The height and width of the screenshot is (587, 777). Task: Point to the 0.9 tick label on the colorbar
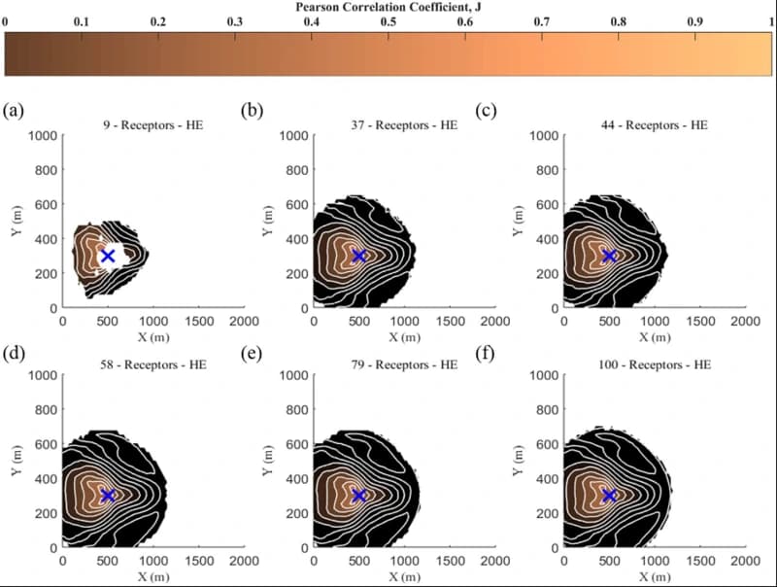[694, 21]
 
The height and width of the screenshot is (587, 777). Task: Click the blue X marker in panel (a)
[108, 256]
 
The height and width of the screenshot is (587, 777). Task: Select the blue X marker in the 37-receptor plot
[358, 256]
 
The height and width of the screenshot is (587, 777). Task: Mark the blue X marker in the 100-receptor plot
[609, 496]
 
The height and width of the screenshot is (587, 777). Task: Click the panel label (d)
[14, 354]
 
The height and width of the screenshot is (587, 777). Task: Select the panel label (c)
[486, 110]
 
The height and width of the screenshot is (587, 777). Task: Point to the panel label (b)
[252, 110]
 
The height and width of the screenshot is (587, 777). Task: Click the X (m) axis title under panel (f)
[654, 576]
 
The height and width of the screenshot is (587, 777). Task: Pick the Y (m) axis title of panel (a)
[17, 222]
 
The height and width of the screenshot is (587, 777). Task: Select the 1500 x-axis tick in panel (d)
[198, 561]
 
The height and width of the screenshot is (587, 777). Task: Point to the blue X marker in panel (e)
[358, 496]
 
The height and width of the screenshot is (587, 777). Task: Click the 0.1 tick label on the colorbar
[82, 21]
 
